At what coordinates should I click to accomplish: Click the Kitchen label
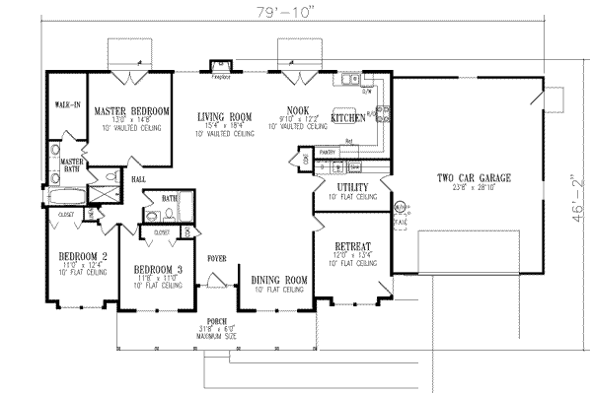point(347,117)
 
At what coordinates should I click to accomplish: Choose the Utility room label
point(352,187)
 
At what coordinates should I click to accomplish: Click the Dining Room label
point(279,280)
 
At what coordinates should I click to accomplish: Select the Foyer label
point(217,258)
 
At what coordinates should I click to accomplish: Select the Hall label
point(139,179)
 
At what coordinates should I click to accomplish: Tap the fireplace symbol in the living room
point(222,72)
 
